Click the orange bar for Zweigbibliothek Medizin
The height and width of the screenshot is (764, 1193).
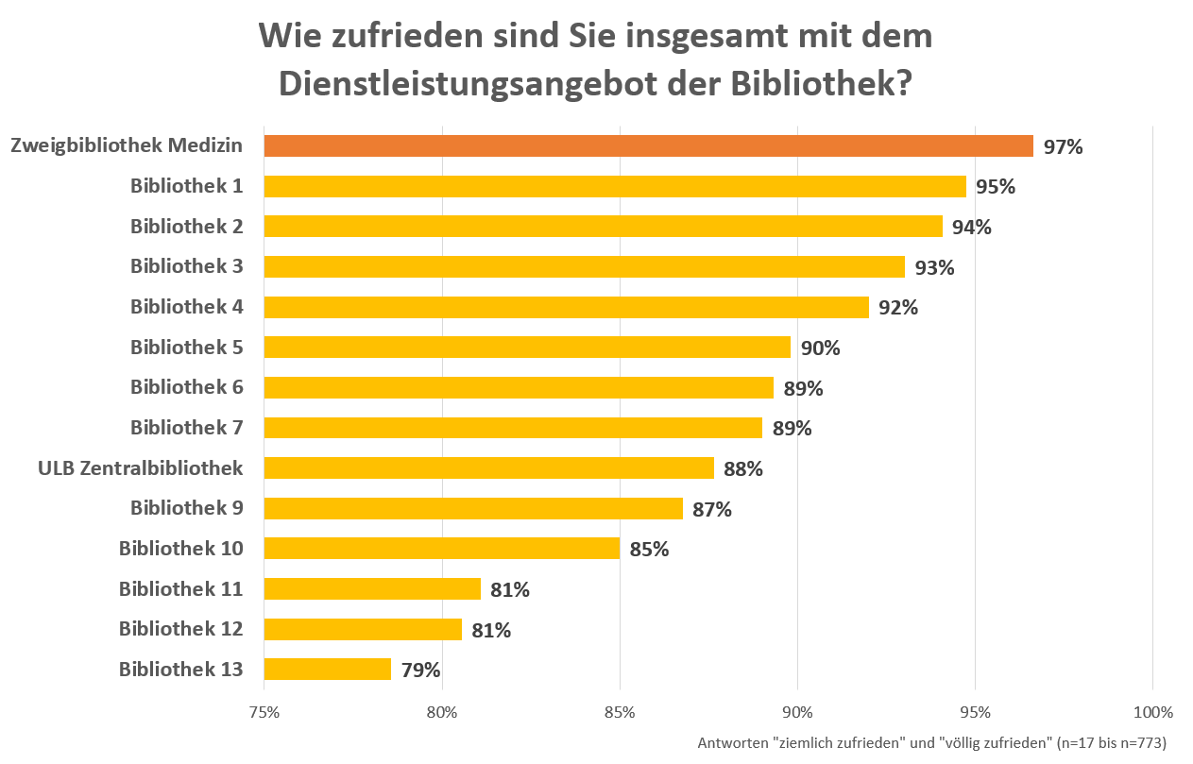648,146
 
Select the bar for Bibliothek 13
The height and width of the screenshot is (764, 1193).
327,670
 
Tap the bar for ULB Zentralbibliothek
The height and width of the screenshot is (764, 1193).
488,468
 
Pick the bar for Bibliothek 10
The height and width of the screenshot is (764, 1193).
441,549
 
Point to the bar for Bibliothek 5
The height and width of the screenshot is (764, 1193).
527,348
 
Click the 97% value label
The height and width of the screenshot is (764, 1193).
1063,147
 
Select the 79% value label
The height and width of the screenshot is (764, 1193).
420,671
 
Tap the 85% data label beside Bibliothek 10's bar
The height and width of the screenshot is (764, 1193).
649,550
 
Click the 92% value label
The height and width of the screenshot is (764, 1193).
898,308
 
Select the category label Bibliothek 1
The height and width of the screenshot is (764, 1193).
186,186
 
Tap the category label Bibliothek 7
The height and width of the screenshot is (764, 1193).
186,428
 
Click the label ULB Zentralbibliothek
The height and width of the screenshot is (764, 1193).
140,468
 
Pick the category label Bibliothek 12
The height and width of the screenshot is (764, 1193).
180,629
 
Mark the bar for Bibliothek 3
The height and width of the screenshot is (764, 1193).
584,267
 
